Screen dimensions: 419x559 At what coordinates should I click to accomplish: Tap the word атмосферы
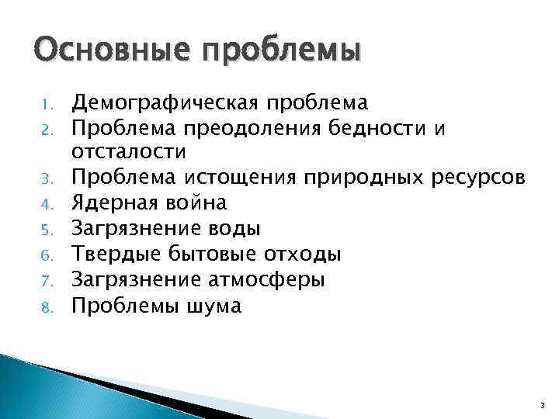click(266, 280)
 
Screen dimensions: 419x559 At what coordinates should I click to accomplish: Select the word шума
click(215, 306)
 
